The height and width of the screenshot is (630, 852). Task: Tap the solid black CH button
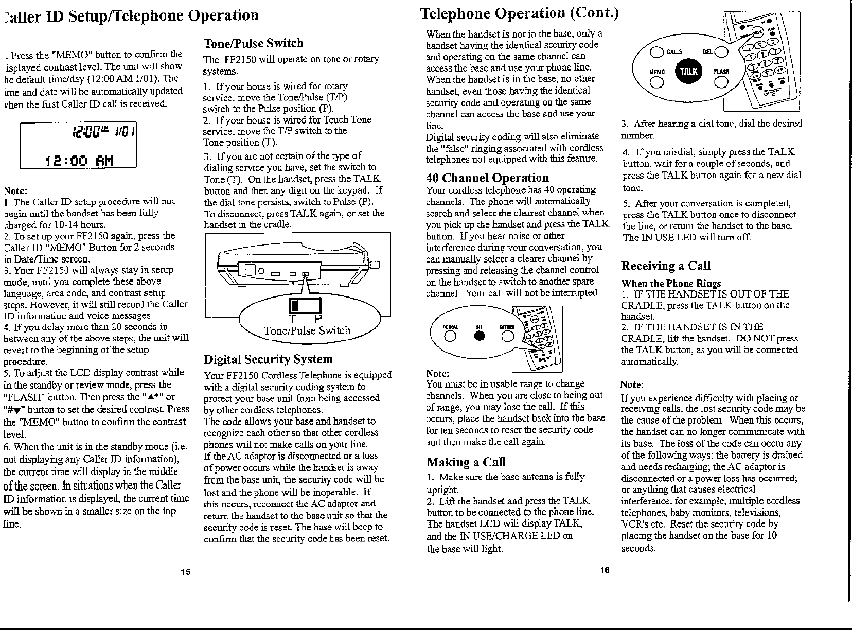pyautogui.click(x=480, y=336)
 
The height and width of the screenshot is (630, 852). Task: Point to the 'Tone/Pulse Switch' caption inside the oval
pyautogui.click(x=307, y=331)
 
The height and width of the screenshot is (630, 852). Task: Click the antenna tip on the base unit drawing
pyautogui.click(x=375, y=265)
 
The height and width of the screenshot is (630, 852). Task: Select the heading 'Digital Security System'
pyautogui.click(x=268, y=359)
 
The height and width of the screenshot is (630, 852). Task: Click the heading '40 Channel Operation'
pyautogui.click(x=487, y=178)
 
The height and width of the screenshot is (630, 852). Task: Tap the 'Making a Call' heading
pyautogui.click(x=466, y=462)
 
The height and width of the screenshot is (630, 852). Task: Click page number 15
pyautogui.click(x=186, y=572)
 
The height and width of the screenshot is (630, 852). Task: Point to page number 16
pyautogui.click(x=605, y=570)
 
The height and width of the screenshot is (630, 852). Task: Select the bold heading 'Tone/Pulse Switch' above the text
pyautogui.click(x=253, y=43)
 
